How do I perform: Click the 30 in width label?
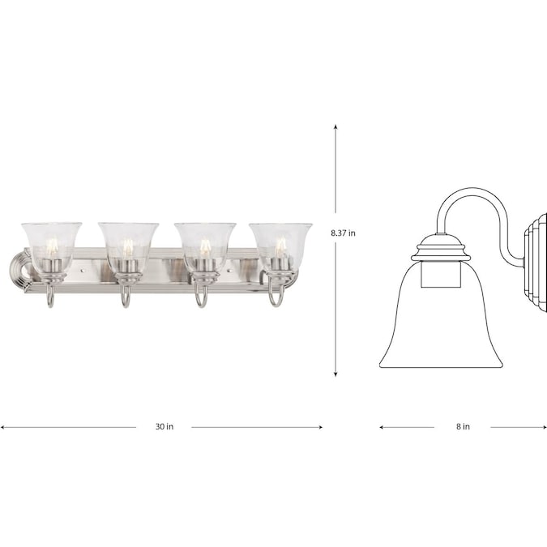click(x=165, y=426)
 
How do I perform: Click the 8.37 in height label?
click(x=343, y=233)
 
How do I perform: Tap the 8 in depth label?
click(x=463, y=426)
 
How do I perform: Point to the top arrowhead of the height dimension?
click(x=335, y=126)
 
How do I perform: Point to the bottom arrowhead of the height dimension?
click(x=335, y=374)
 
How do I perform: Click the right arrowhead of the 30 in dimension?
click(x=320, y=427)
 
